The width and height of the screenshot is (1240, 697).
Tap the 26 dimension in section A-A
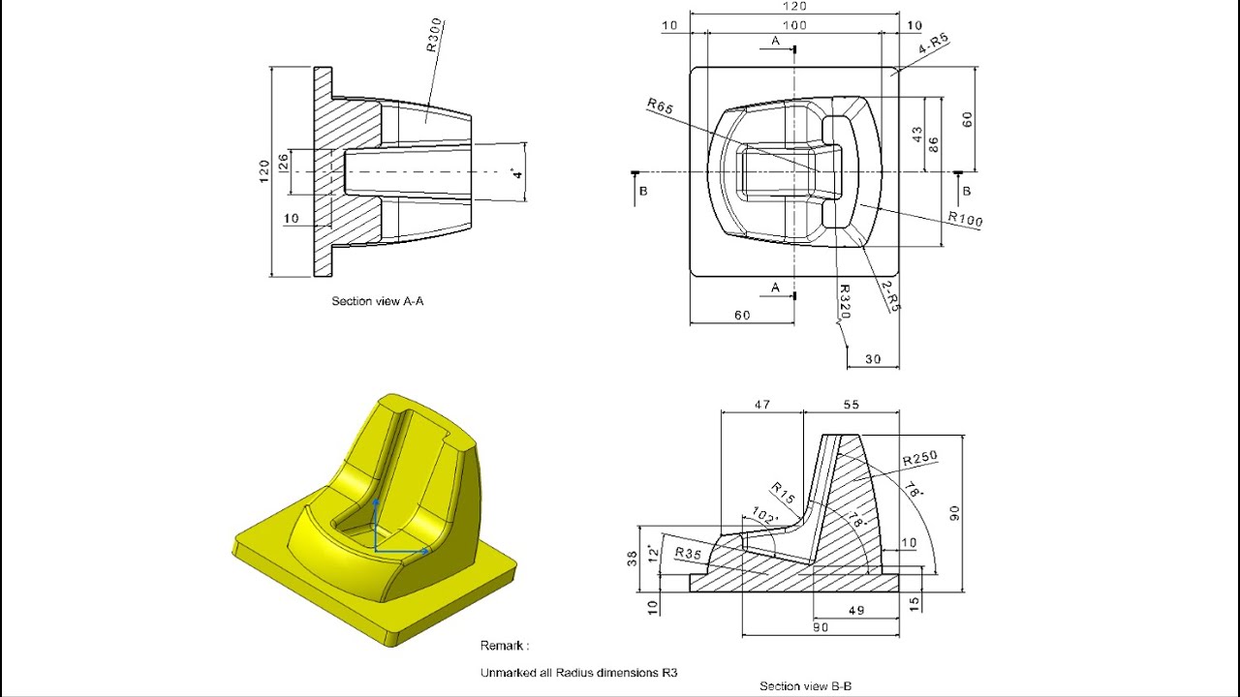[283, 163]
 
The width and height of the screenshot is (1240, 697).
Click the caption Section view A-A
[377, 301]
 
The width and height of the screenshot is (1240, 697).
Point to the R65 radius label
[660, 105]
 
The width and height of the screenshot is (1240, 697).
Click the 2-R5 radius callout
[891, 296]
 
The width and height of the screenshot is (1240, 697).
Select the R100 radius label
[965, 220]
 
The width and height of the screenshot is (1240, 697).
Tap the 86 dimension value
[933, 144]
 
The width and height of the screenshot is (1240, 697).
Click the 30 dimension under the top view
[873, 359]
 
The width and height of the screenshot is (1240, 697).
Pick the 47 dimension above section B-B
[761, 405]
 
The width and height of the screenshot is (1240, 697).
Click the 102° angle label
[765, 520]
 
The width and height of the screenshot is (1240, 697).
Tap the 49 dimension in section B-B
[855, 611]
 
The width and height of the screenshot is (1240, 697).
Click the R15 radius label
[783, 494]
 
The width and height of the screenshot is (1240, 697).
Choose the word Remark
[504, 646]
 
